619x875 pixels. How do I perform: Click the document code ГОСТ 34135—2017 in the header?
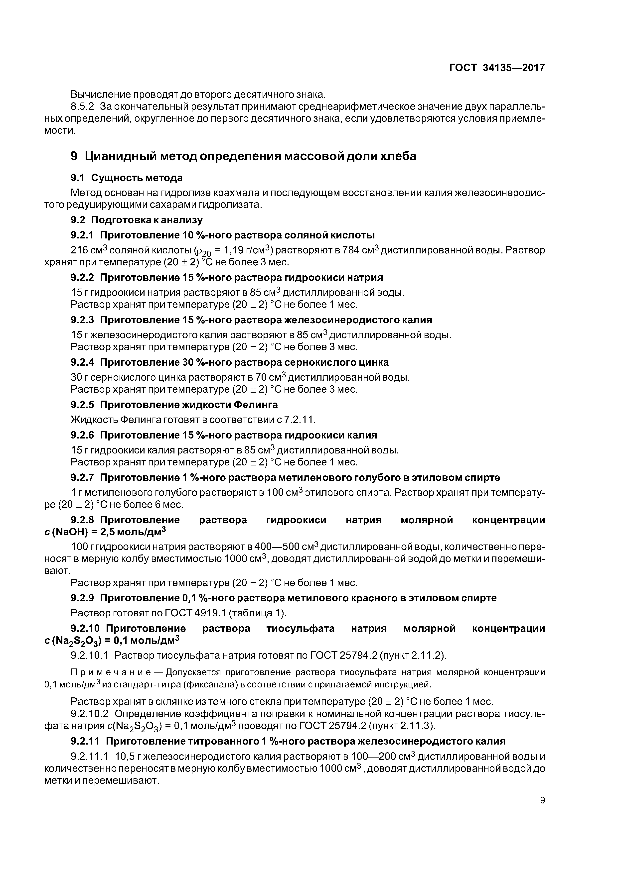[x=497, y=68]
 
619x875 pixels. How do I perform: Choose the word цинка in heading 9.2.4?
[x=373, y=362]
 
